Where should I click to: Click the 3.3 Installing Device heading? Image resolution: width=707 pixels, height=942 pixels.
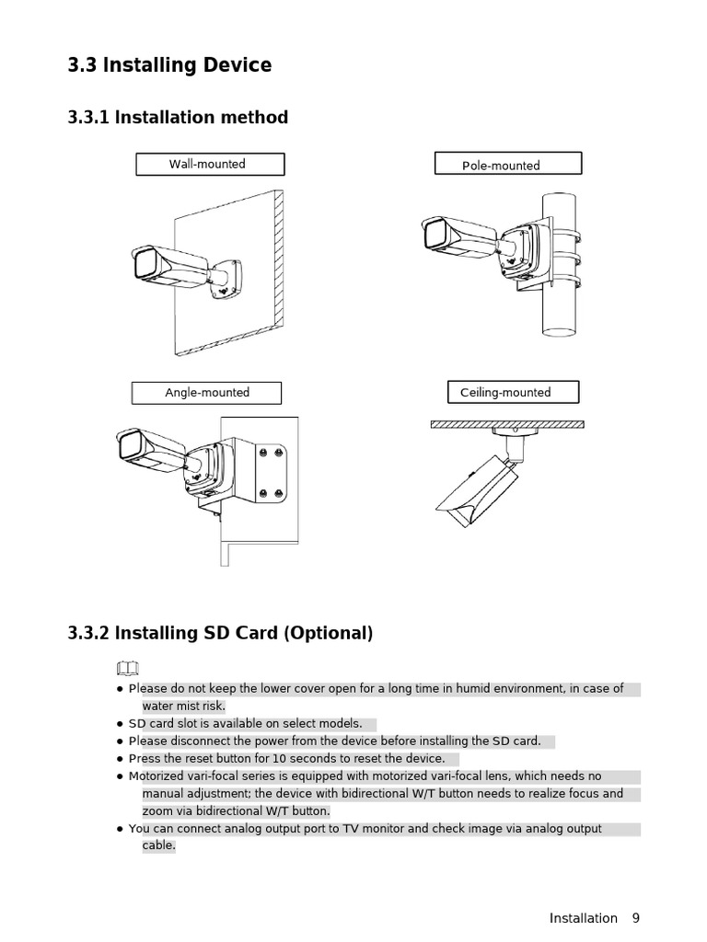(169, 65)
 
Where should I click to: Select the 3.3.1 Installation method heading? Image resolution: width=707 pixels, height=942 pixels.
(178, 118)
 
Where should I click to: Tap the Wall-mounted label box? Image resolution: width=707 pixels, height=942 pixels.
(210, 165)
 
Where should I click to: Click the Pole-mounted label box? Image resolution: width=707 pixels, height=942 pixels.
(507, 165)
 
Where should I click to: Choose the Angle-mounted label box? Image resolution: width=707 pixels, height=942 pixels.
(206, 393)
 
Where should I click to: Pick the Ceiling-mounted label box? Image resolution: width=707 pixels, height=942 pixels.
(513, 393)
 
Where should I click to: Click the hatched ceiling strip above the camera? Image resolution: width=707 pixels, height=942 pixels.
(506, 425)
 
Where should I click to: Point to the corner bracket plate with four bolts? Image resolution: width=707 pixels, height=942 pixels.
(271, 474)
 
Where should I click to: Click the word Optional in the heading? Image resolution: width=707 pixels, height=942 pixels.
(330, 634)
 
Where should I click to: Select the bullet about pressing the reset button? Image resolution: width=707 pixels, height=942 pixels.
(286, 759)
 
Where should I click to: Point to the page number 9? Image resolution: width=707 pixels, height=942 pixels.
(635, 918)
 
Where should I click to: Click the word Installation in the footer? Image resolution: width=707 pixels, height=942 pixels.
(583, 918)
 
